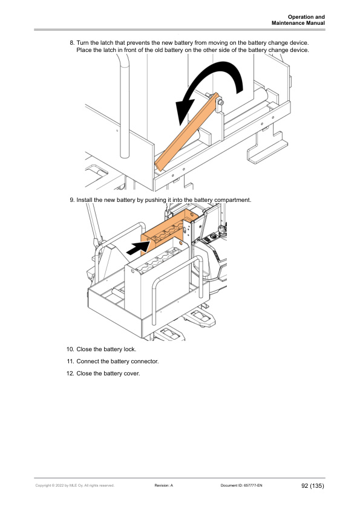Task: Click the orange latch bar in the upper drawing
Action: pyautogui.click(x=187, y=132)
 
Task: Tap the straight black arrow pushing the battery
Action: pyautogui.click(x=139, y=248)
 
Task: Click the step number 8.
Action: pyautogui.click(x=72, y=43)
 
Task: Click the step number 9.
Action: pyautogui.click(x=72, y=200)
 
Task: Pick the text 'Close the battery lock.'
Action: pyautogui.click(x=106, y=349)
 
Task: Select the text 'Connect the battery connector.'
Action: pyautogui.click(x=117, y=361)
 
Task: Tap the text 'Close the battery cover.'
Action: pyautogui.click(x=108, y=374)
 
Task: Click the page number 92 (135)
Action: pyautogui.click(x=313, y=485)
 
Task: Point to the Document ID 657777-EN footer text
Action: pyautogui.click(x=241, y=485)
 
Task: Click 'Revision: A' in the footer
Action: pyautogui.click(x=164, y=485)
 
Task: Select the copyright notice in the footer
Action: pyautogui.click(x=75, y=485)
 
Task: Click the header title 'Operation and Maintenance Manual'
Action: pyautogui.click(x=298, y=20)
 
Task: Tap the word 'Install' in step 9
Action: pyautogui.click(x=84, y=200)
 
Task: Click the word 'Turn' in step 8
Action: pyautogui.click(x=83, y=43)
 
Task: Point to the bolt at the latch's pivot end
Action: pyautogui.click(x=220, y=103)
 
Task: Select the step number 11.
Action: pyautogui.click(x=71, y=361)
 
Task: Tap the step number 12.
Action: pyautogui.click(x=71, y=374)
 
